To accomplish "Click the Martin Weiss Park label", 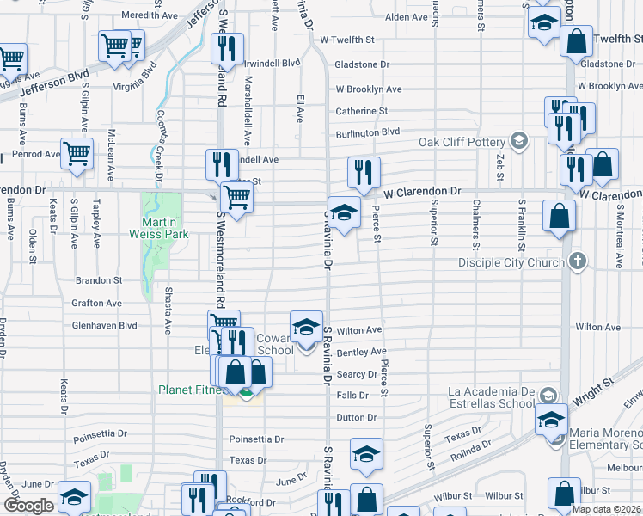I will (159, 226).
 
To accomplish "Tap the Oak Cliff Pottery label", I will (462, 142).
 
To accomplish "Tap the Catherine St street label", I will (361, 111).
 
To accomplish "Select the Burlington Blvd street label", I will (368, 132).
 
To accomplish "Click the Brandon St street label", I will (99, 280).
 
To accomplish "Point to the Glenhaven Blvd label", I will (105, 326).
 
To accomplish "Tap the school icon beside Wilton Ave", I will (306, 327).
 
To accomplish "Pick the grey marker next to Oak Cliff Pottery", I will (518, 140).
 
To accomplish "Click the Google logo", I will (28, 506).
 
